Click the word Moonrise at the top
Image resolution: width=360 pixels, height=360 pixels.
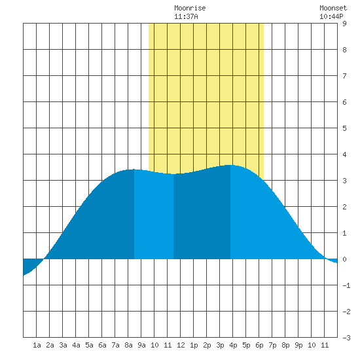tap(190, 8)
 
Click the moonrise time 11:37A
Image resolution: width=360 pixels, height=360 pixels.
tap(186, 16)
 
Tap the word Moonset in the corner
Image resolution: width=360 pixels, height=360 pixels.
tap(333, 8)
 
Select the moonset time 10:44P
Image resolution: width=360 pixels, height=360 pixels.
tap(331, 16)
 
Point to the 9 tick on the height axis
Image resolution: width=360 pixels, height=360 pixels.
tap(344, 24)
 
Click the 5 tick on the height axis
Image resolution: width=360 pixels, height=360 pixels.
tap(344, 128)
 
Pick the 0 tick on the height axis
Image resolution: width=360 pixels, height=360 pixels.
tap(344, 259)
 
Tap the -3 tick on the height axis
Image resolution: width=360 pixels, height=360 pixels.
tap(346, 338)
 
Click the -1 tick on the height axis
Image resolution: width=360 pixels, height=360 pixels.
tap(346, 285)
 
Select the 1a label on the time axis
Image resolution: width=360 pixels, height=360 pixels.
tap(37, 345)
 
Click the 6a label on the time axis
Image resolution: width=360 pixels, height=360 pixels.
tap(102, 345)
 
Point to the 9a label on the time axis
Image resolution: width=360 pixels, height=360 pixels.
tap(141, 345)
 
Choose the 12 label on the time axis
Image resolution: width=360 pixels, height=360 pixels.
tap(181, 345)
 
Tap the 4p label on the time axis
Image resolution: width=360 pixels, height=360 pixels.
tap(233, 345)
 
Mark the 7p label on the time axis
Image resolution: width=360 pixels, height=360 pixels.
tap(272, 345)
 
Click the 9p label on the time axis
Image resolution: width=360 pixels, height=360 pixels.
tap(298, 345)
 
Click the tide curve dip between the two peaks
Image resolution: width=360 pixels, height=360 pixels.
tap(173, 174)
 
